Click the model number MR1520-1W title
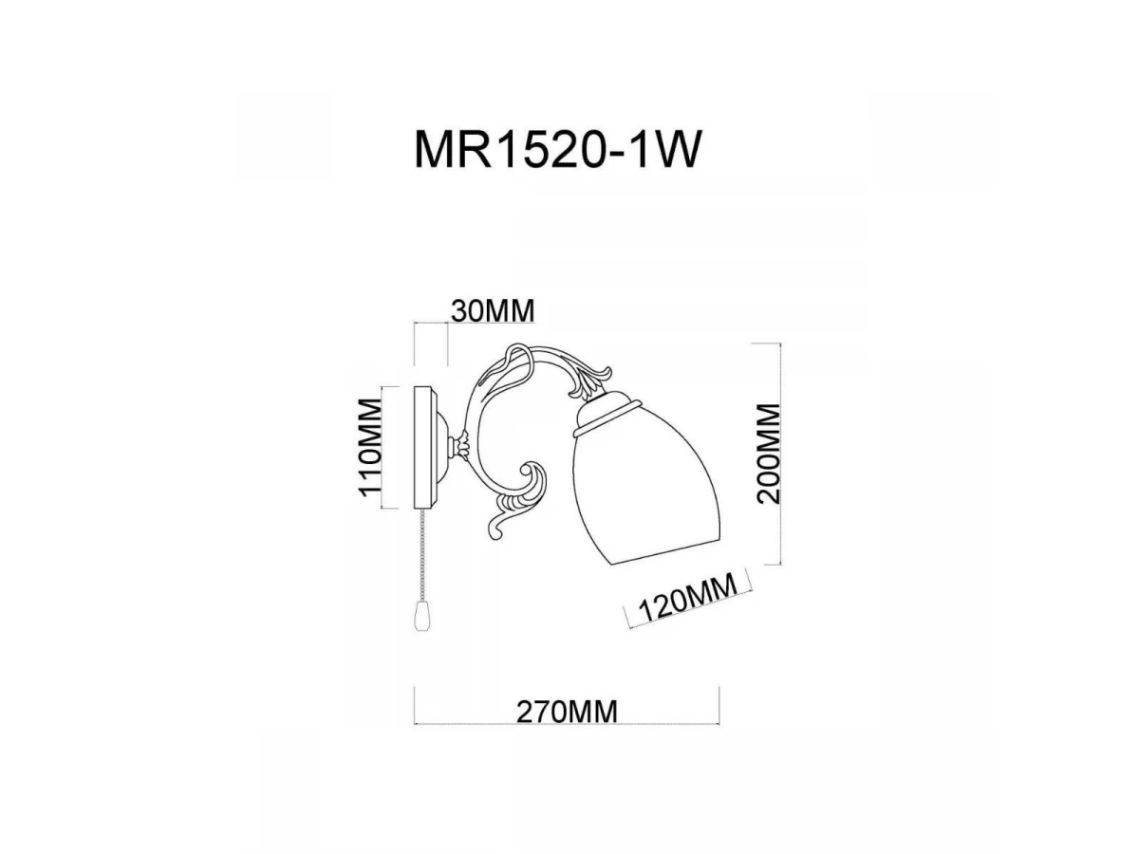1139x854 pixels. [x=557, y=150]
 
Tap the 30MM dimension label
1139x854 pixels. [x=492, y=311]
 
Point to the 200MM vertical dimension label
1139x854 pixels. [x=768, y=454]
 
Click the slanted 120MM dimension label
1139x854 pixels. [x=687, y=597]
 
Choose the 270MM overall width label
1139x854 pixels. [x=567, y=712]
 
